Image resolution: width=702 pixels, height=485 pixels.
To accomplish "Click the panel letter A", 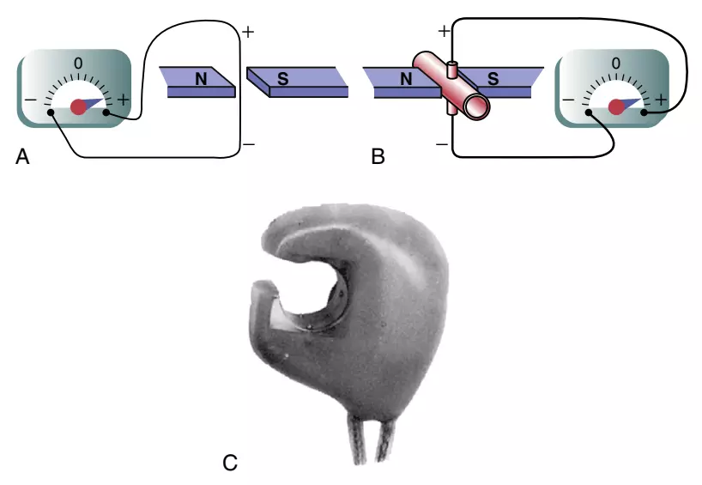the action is click(x=22, y=157).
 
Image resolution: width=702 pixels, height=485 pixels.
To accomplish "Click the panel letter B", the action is click(x=378, y=157).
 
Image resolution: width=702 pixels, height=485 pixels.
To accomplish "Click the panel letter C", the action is click(x=230, y=463).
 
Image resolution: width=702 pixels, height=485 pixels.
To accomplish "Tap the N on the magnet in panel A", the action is click(x=201, y=79).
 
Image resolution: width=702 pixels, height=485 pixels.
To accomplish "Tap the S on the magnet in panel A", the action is click(x=282, y=79).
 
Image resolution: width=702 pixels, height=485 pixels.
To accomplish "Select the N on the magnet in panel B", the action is click(x=406, y=79).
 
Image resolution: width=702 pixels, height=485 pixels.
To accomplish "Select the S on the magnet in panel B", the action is click(x=493, y=79).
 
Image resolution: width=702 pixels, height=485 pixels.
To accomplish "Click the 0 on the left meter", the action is click(x=78, y=64).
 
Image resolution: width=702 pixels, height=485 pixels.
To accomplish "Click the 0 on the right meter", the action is click(x=616, y=64).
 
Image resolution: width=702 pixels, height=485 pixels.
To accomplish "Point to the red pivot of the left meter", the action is click(x=78, y=106).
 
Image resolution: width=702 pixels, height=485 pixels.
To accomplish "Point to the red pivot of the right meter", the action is click(x=616, y=107).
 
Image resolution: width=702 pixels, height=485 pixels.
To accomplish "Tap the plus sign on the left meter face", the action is click(x=123, y=100).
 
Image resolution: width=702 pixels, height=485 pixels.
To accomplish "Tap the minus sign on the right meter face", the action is click(x=567, y=100).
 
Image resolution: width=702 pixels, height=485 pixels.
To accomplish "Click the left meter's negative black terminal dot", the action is click(x=51, y=112).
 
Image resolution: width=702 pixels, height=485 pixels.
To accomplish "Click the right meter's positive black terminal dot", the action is click(x=644, y=112).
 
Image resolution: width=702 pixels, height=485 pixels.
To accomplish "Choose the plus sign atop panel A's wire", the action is click(x=247, y=32).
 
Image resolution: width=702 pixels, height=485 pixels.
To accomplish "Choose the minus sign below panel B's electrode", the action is click(x=441, y=144).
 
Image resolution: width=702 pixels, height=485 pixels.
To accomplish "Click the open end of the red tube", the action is click(x=476, y=106).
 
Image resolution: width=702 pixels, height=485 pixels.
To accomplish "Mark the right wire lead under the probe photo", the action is click(x=385, y=439).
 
